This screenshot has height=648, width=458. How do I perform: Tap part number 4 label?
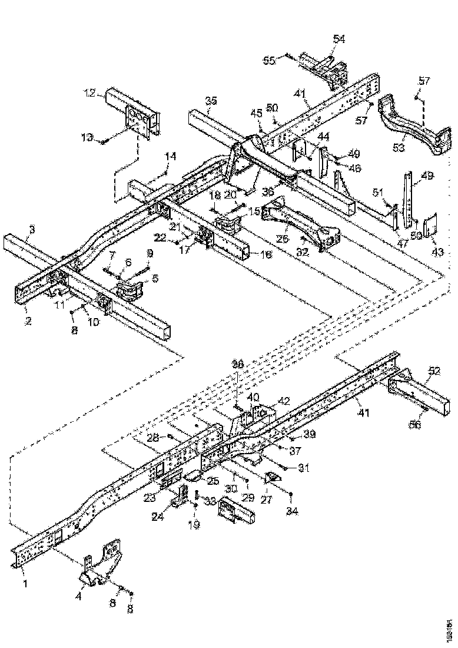(x=79, y=595)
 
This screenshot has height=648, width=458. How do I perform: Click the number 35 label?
(x=211, y=101)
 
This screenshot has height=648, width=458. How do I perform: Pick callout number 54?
(x=339, y=39)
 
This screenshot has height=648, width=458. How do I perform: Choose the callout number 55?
(x=268, y=60)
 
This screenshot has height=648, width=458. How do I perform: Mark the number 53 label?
(x=399, y=147)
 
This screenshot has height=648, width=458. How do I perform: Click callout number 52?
(x=434, y=371)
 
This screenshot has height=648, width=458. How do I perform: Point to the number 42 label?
(x=284, y=401)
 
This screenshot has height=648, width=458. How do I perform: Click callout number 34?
(x=293, y=511)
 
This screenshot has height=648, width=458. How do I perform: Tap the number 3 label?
(x=32, y=229)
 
